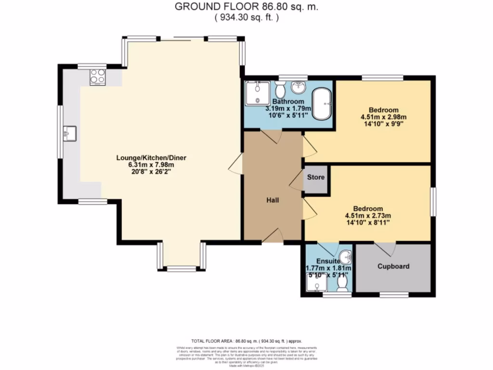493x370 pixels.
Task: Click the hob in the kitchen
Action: [x=97, y=77]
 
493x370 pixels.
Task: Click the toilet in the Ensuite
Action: [x=343, y=286]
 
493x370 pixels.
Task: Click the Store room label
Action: [x=316, y=177]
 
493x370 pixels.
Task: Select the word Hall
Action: [x=272, y=200]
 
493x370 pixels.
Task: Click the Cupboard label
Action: [x=393, y=266]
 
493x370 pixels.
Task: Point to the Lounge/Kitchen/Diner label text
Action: [x=151, y=158]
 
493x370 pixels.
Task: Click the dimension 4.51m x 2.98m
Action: [x=383, y=117]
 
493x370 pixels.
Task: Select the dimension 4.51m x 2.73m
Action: [x=367, y=215]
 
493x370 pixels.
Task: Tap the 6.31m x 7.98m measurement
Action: [x=151, y=165]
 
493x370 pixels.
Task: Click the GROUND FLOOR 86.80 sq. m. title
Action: [x=246, y=7]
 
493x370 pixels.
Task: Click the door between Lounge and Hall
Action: [x=235, y=165]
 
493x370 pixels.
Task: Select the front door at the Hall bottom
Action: [x=272, y=236]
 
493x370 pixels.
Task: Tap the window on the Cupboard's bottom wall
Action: [x=393, y=293]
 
